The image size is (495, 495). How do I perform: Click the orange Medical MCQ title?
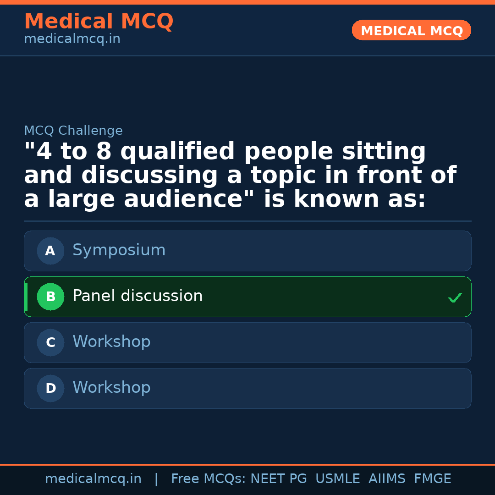pos(99,21)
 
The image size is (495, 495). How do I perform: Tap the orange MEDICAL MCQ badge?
pos(411,30)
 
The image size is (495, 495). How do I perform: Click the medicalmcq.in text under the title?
pos(72,39)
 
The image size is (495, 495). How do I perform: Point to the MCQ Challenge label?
pos(73,130)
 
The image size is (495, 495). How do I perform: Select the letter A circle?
pos(50,251)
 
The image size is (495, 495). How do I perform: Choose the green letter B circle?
pos(50,297)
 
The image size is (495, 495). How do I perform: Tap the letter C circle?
pos(50,342)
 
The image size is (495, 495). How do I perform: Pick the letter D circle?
pos(50,388)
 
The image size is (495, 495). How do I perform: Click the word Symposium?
pos(119,251)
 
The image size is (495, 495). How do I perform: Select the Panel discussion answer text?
pos(137,296)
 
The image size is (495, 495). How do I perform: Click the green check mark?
pos(455,297)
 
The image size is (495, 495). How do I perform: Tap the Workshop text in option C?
pos(111,341)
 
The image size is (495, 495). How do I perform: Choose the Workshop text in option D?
pos(111,387)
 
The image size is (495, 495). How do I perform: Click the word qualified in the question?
pos(177,152)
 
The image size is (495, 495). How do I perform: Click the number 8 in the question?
pos(104,151)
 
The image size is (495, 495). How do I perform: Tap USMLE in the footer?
pos(337,478)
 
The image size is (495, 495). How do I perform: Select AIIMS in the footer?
pos(387,478)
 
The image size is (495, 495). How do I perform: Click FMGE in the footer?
pos(433,478)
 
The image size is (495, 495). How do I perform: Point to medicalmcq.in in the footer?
pos(93,479)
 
